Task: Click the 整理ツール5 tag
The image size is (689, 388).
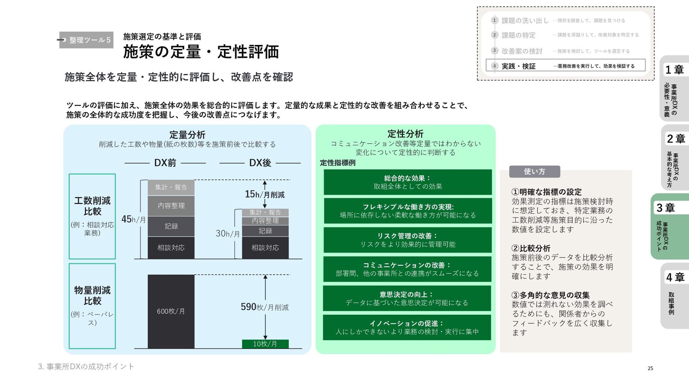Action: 86,40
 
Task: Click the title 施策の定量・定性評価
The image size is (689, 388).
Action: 201,52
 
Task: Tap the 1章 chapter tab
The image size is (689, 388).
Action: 674,88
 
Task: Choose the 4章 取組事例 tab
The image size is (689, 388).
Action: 674,296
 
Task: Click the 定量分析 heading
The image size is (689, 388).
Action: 187,135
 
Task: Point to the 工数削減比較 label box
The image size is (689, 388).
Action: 92,216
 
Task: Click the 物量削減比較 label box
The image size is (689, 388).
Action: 92,306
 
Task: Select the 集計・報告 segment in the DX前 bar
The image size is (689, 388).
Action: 171,188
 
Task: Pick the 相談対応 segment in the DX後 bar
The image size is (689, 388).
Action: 265,248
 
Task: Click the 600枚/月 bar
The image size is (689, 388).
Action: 171,311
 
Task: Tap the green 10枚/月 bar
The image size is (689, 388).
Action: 265,344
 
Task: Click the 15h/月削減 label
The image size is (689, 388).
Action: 265,194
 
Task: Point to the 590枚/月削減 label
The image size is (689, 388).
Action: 265,307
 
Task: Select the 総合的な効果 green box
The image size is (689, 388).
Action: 408,182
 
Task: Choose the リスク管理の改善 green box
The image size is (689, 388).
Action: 408,240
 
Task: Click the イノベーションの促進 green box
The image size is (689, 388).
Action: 407,327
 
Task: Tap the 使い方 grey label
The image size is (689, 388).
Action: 534,171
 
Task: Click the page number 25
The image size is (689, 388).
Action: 650,368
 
